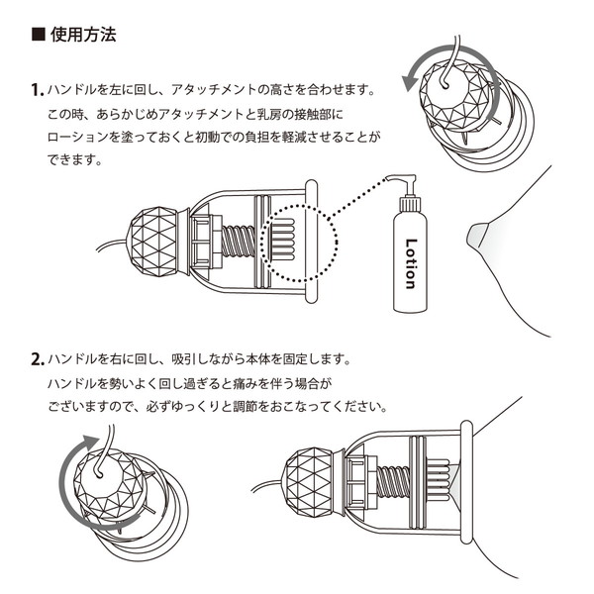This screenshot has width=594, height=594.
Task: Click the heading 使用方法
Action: coord(82,37)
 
